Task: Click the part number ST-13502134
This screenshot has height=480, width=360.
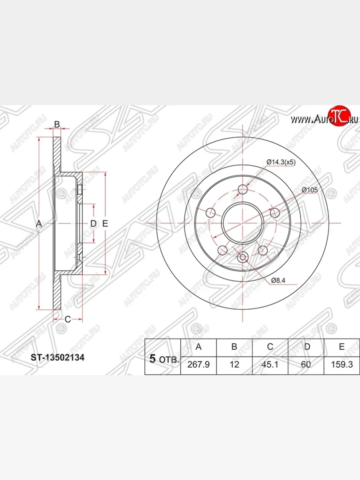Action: coord(58,357)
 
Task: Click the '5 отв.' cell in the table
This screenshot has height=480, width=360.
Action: coord(163,359)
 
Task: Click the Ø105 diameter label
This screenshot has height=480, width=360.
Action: coord(309,190)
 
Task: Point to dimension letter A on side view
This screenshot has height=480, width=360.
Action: coord(39,224)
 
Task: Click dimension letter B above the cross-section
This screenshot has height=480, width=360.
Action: coord(57,124)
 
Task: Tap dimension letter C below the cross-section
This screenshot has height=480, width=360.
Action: coord(68,319)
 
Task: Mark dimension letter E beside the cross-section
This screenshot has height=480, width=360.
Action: coord(105,224)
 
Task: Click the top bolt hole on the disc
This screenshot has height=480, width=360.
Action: coord(243,189)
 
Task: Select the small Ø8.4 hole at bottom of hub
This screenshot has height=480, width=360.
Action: coord(243,258)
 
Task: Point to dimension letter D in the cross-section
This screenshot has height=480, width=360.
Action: coord(93,224)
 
